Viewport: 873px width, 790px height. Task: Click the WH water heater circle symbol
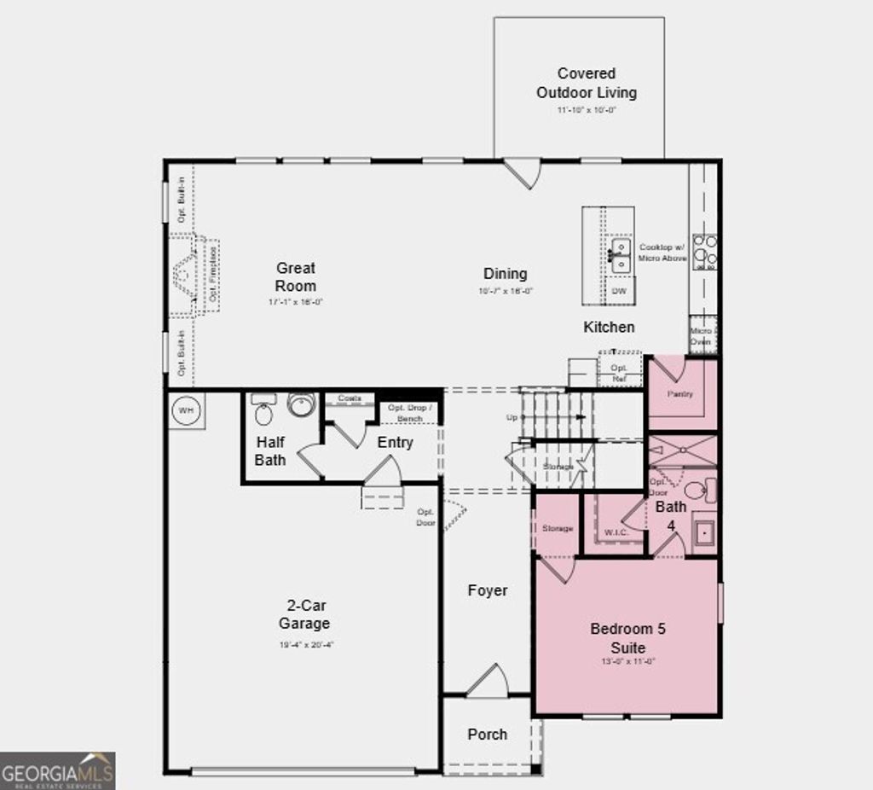185,410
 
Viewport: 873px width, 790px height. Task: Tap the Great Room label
296,277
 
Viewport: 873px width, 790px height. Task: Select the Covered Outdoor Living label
586,83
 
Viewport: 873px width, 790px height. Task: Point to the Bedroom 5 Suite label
627,638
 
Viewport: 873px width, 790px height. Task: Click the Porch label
487,734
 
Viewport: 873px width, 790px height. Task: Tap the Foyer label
487,590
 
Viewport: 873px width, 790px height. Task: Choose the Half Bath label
270,451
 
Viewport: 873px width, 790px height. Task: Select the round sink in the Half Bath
301,404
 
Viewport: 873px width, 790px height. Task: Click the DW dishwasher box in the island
620,291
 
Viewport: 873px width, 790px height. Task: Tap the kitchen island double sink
620,255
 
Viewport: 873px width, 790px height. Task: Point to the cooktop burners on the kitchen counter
704,253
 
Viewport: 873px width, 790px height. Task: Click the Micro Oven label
701,336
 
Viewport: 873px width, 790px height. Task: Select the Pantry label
679,394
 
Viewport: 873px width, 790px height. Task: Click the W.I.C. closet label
616,533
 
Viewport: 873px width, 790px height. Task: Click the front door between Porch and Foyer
487,682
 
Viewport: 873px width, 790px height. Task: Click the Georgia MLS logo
57,770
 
